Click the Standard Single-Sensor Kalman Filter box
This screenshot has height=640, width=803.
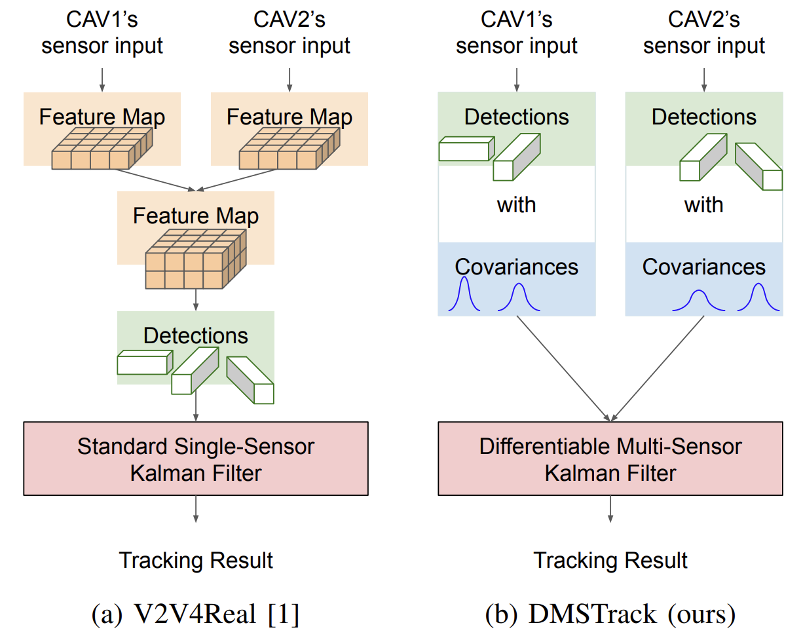[196, 459]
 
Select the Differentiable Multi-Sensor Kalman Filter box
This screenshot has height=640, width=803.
[610, 459]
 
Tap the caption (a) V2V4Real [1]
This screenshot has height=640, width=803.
[196, 614]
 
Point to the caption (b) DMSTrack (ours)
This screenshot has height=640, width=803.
[610, 614]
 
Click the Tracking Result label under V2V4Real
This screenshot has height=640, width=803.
[196, 560]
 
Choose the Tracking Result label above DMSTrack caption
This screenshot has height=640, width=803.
[610, 560]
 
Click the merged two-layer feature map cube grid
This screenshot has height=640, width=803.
[196, 259]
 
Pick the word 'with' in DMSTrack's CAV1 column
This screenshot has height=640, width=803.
[517, 205]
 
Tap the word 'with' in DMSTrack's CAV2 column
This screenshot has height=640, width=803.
[704, 205]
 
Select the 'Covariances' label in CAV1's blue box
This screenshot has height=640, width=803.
[517, 267]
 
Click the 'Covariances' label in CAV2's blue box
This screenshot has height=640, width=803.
[704, 267]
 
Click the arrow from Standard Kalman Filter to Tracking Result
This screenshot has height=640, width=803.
[196, 509]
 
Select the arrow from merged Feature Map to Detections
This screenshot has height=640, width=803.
[196, 299]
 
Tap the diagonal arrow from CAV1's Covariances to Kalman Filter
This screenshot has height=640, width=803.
[563, 369]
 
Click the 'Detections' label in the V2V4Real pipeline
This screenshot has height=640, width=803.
[196, 335]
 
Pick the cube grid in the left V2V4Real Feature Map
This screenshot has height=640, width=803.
[102, 149]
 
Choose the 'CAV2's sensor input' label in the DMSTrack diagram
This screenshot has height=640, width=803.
[704, 33]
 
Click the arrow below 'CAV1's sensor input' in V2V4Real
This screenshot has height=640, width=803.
[102, 80]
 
